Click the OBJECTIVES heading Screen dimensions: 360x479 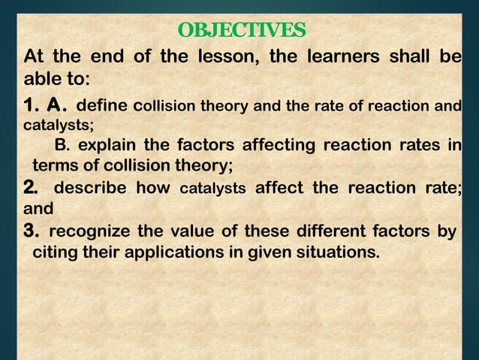(x=242, y=31)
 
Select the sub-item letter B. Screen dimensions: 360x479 (x=62, y=145)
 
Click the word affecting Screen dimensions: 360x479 (x=282, y=145)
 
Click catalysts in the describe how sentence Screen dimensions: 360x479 (x=213, y=188)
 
